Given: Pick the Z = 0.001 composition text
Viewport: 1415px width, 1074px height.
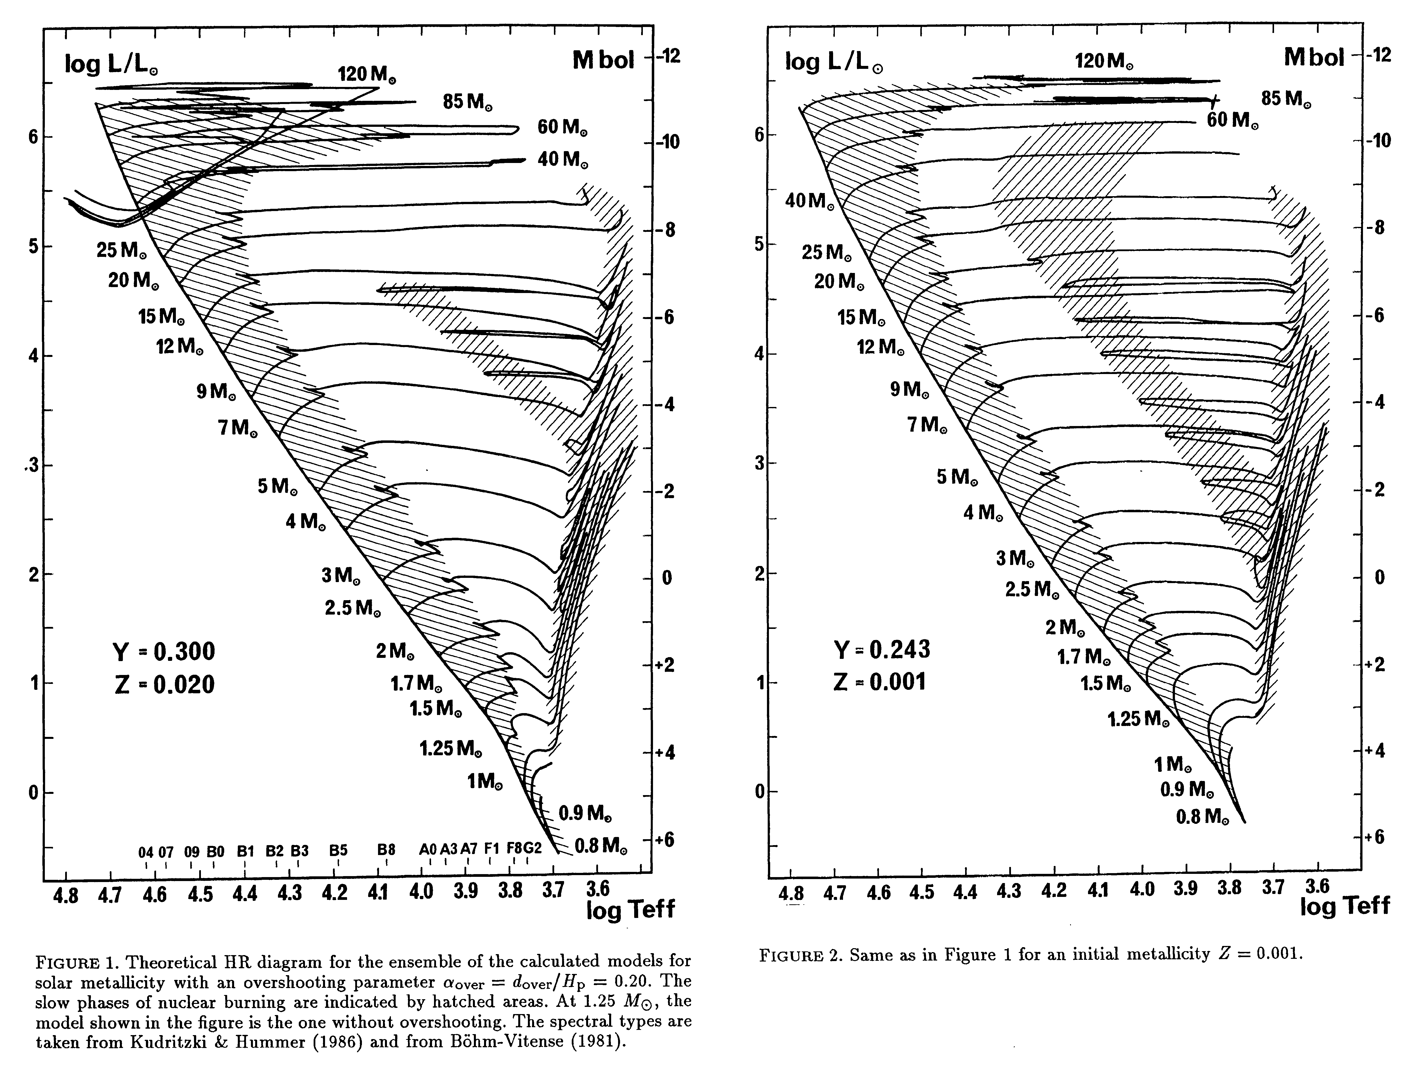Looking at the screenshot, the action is (x=880, y=682).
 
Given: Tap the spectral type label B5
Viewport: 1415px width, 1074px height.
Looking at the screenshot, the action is (x=338, y=851).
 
